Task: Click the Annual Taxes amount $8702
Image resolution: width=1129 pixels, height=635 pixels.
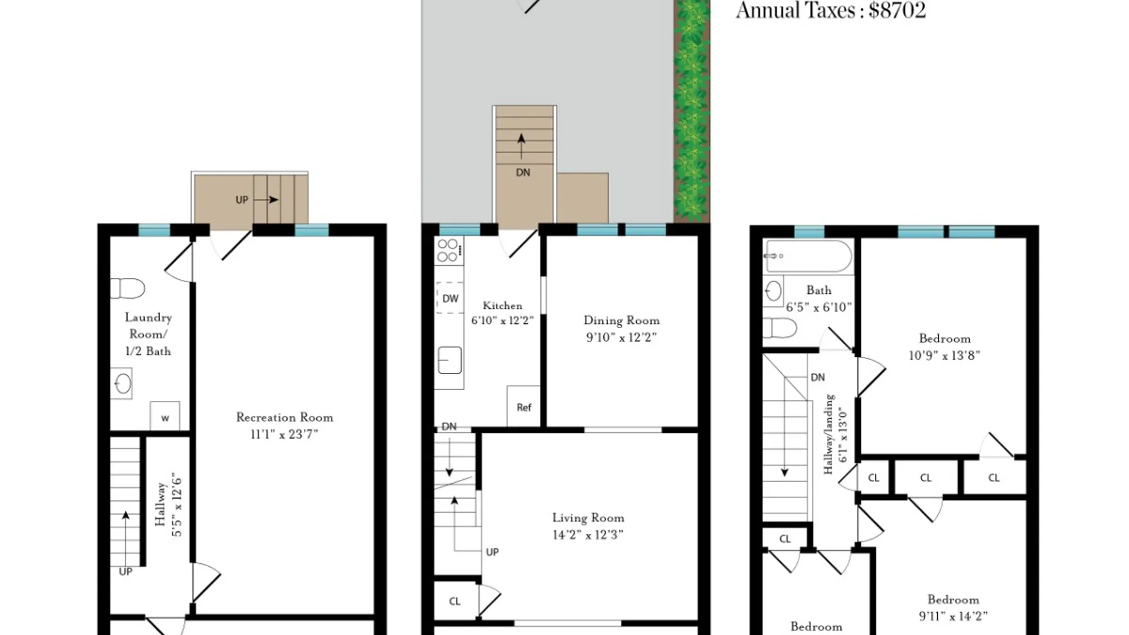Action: [x=897, y=10]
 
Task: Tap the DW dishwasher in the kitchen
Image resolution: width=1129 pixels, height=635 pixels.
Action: [x=450, y=299]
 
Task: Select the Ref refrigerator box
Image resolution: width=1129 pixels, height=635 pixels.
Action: [x=523, y=406]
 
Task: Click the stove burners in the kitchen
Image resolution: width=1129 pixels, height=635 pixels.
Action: [x=448, y=250]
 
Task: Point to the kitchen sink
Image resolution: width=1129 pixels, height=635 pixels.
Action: [x=450, y=360]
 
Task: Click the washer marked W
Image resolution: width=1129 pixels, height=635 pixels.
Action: [x=165, y=416]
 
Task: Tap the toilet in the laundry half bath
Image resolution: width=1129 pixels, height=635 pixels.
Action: [x=128, y=288]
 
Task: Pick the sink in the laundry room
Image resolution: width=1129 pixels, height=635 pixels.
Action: [x=122, y=384]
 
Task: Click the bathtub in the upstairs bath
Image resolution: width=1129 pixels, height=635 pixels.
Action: [x=809, y=256]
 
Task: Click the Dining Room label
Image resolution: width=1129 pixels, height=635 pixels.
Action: [x=622, y=320]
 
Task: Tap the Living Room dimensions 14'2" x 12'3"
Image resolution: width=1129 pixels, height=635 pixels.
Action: [x=588, y=534]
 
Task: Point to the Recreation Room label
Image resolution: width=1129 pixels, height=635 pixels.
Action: [x=285, y=417]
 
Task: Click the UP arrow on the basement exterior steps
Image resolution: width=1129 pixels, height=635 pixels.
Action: [x=266, y=200]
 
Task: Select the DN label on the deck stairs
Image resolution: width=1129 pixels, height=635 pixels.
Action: [x=523, y=172]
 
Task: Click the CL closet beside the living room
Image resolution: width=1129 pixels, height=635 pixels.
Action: [x=455, y=601]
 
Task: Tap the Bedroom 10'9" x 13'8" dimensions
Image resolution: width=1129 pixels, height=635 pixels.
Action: [x=944, y=355]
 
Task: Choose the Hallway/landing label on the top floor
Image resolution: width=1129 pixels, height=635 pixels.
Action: [x=829, y=434]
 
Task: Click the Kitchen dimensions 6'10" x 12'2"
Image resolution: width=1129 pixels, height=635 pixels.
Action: [x=503, y=320]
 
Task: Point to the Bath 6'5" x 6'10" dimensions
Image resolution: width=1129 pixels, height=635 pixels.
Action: [x=819, y=307]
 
